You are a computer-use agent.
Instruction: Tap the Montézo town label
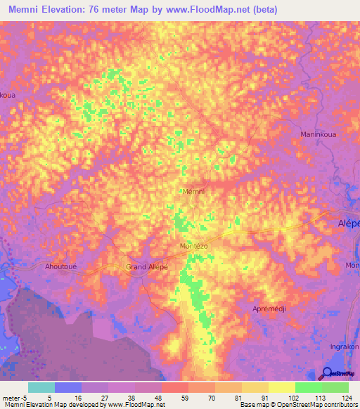coord(193,247)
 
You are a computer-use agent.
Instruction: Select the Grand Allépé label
coord(147,267)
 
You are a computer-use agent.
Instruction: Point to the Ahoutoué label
coord(60,266)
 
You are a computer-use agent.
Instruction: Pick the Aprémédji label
coord(271,309)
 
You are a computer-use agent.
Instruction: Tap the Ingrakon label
coord(345,346)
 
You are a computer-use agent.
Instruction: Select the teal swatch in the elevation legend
coord(41,387)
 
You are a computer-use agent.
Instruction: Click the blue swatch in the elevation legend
coord(68,387)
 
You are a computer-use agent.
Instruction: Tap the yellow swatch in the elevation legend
coord(281,387)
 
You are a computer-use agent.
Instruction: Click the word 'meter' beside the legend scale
coord(11,397)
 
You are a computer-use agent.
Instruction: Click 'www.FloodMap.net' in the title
coord(211,10)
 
